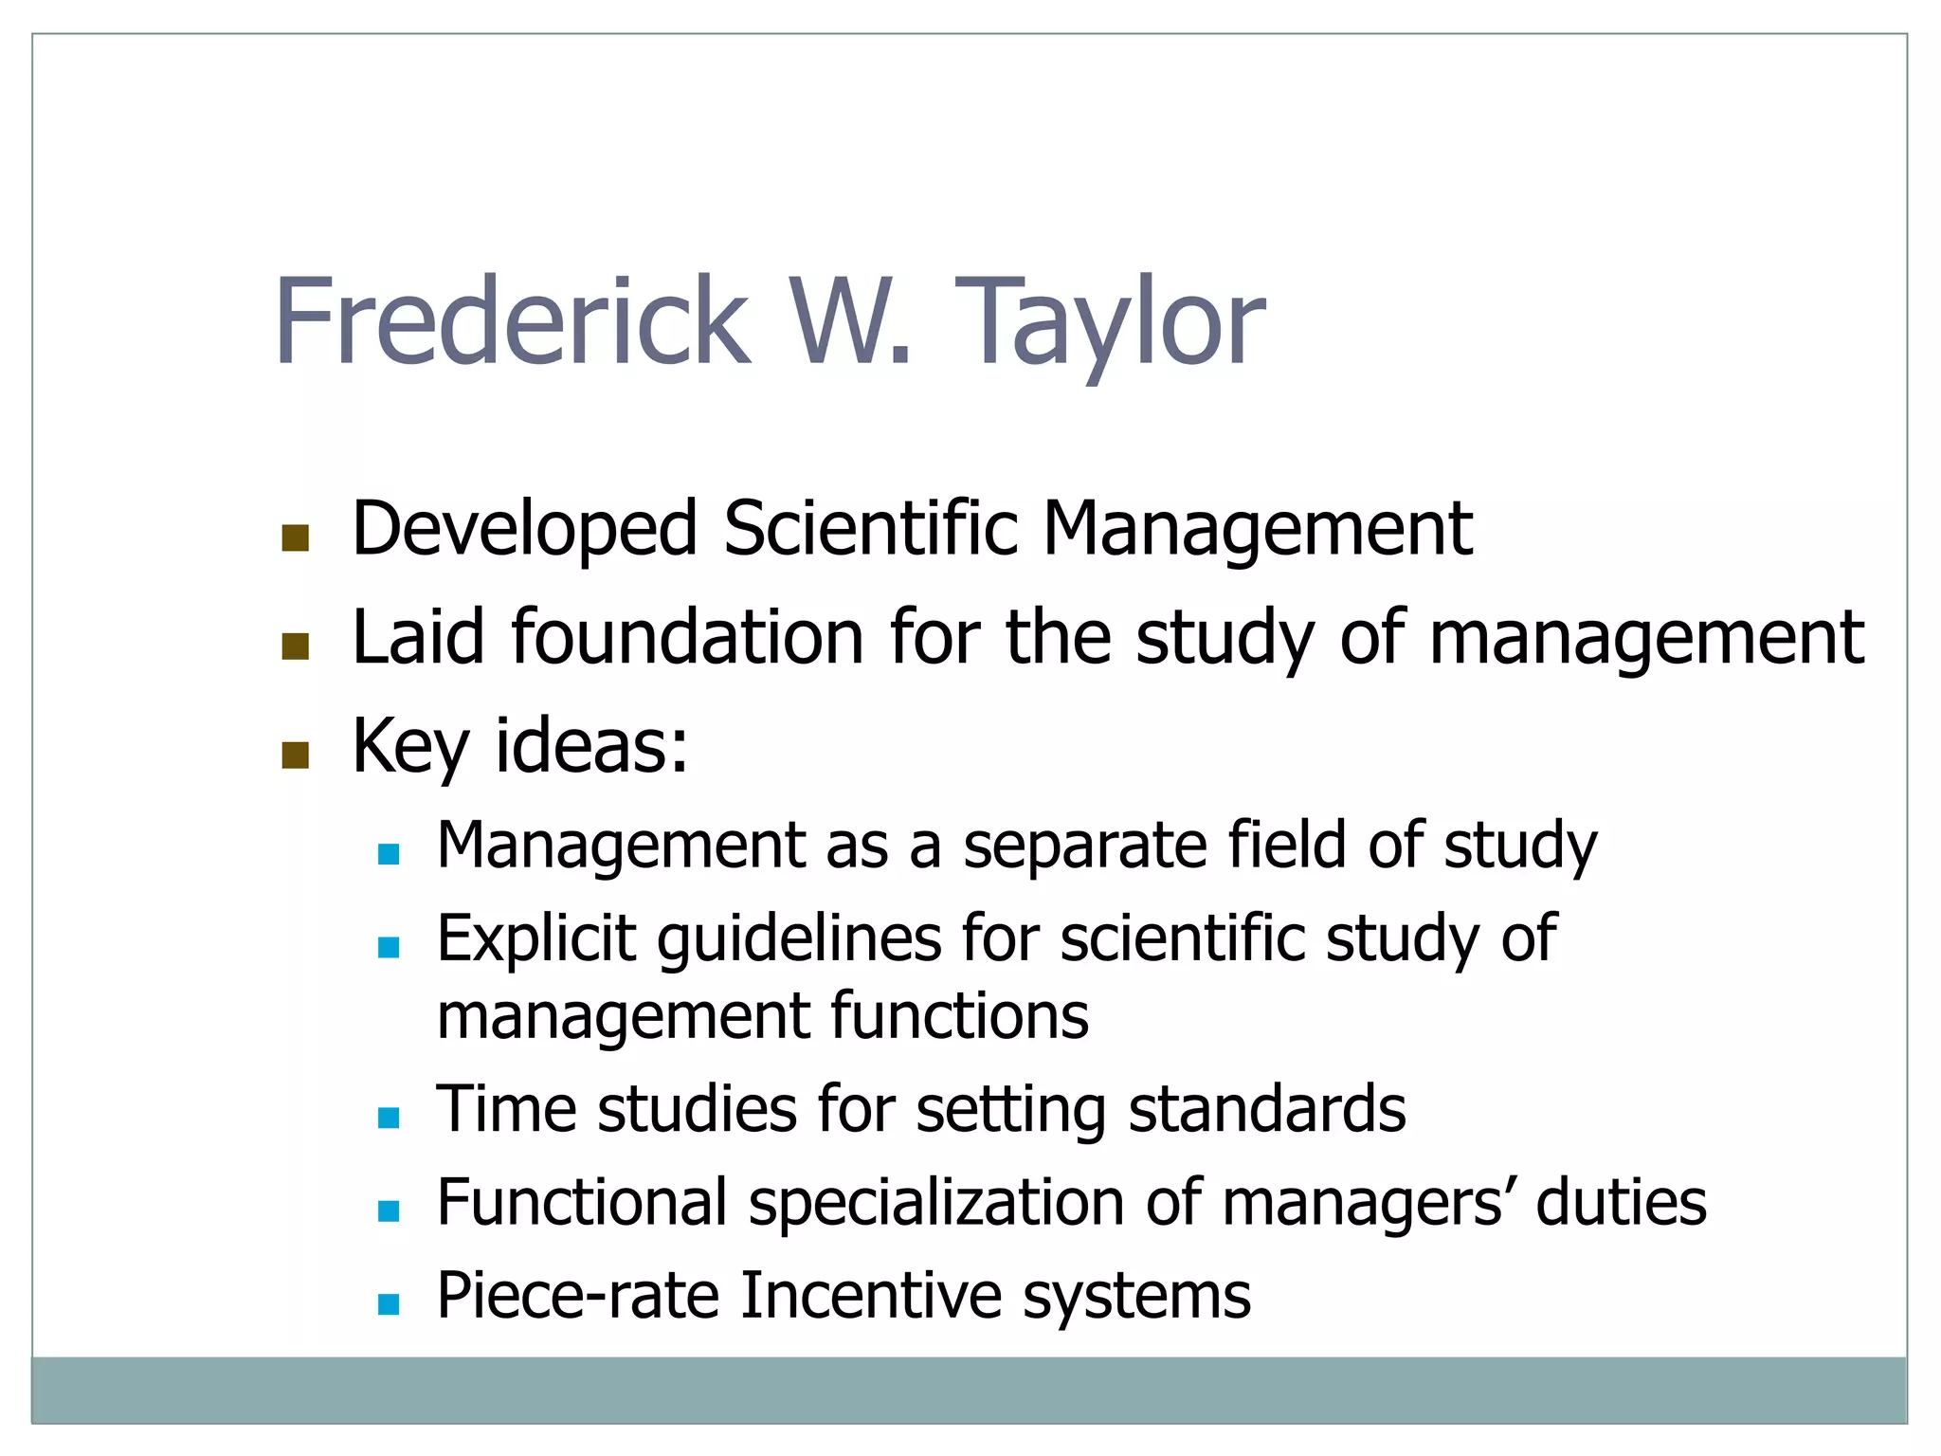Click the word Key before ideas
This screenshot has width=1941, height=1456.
pos(409,747)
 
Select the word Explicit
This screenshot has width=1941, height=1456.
pos(535,938)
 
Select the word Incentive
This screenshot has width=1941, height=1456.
pos(870,1296)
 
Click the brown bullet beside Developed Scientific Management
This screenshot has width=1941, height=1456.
pos(296,538)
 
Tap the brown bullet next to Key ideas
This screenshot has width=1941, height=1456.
pos(296,755)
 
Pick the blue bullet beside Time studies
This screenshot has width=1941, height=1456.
pos(389,1119)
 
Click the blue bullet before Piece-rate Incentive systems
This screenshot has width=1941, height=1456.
pos(389,1305)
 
